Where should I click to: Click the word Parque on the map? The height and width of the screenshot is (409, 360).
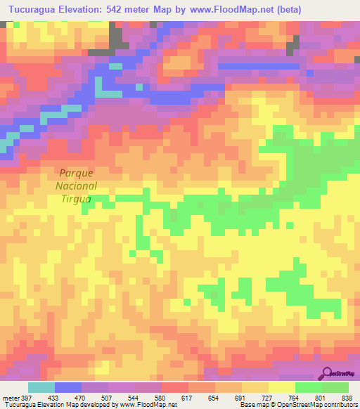(x=77, y=172)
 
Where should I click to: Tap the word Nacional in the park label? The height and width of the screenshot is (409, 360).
(x=77, y=186)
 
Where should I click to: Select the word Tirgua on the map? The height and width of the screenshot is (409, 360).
(x=77, y=199)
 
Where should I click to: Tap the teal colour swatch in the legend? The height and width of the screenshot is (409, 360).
(x=41, y=387)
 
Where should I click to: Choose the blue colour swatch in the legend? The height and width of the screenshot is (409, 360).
(x=68, y=387)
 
